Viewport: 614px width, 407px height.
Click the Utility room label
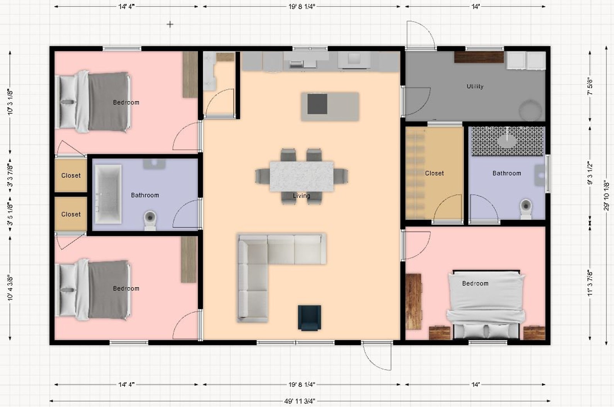475,87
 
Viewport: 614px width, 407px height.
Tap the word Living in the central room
301,196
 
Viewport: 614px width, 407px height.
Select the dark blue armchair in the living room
309,318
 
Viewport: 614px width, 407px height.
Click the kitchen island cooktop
317,104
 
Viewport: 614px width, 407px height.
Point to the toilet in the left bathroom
150,219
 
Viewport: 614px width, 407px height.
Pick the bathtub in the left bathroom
108,194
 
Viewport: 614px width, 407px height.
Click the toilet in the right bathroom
526,207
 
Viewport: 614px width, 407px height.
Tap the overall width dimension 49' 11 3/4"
300,401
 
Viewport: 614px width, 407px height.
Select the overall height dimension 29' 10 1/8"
607,195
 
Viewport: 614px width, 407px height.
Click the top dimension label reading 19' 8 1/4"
302,7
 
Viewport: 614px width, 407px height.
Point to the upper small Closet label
71,175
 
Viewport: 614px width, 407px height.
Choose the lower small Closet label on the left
71,214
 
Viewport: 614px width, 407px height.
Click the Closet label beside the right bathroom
434,173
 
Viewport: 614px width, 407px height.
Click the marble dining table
302,176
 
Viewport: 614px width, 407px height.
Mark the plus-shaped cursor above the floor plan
170,24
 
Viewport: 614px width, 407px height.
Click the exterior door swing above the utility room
421,35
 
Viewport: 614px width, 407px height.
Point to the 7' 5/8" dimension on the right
590,87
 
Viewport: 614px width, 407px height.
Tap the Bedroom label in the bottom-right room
475,283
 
